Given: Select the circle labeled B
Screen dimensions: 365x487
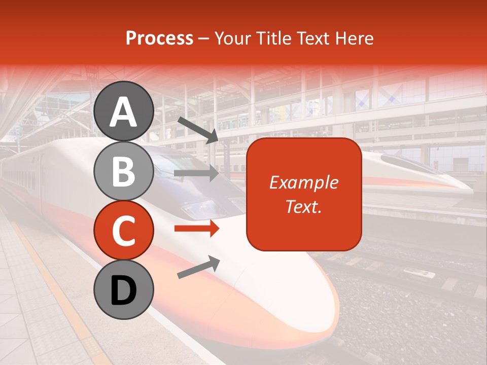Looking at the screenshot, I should point(124,171).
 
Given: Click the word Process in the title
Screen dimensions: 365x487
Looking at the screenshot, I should point(159,38).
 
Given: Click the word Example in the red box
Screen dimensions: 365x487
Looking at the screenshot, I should point(304,182).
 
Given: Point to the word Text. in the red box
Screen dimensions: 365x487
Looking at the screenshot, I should point(304,206).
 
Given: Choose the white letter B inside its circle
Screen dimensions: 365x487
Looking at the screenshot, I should point(124,171).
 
